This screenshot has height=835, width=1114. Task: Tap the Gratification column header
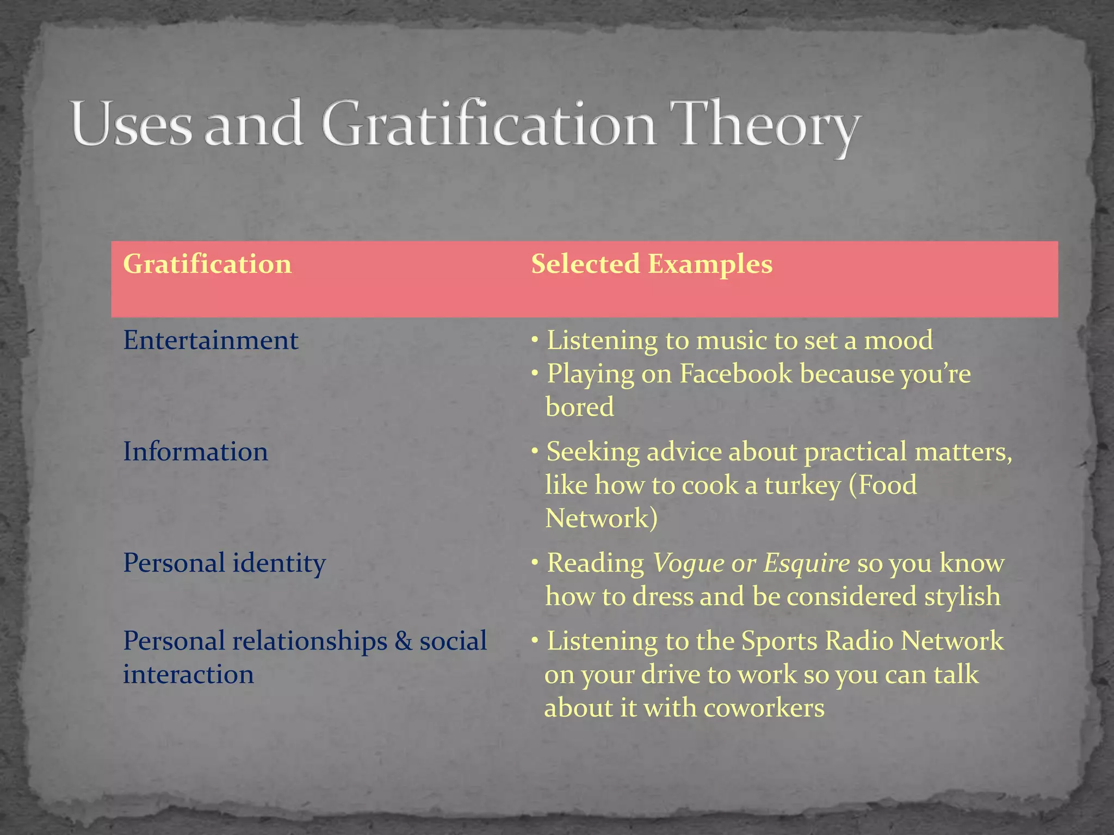coord(207,264)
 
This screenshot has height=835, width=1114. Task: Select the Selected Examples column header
coord(651,264)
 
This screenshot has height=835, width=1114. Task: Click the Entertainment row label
coord(211,341)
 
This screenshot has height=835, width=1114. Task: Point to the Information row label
coord(195,452)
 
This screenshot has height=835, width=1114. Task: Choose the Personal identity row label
coord(224,563)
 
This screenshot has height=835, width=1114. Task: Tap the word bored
coord(579,407)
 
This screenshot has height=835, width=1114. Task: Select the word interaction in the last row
coord(188,675)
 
